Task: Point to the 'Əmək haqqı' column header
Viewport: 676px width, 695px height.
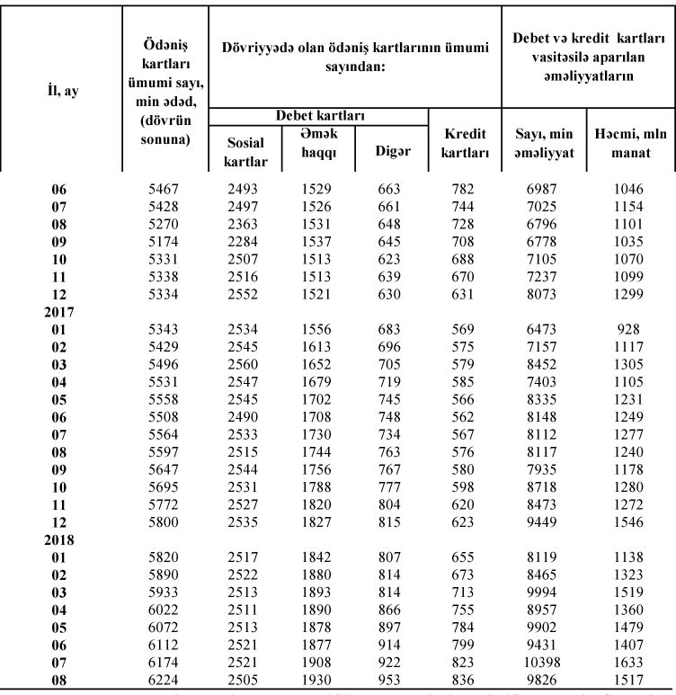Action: point(312,142)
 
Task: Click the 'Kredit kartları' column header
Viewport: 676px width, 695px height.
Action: point(466,142)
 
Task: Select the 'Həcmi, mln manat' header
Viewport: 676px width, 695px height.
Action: point(630,142)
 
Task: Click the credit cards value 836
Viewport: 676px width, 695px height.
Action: point(466,678)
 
